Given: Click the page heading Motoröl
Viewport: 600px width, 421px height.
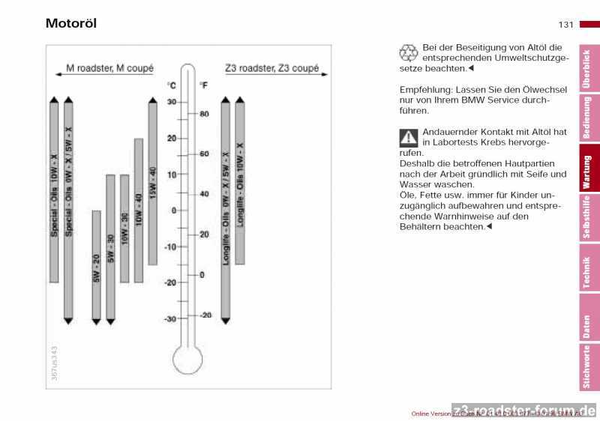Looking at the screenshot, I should [71, 23].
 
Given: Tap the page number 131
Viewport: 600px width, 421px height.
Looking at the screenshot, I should [566, 25].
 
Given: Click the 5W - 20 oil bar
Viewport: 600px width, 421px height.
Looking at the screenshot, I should [96, 265].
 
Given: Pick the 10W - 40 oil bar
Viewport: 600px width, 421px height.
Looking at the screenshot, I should [138, 210].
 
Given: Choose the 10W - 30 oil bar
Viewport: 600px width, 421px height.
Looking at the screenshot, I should [124, 228].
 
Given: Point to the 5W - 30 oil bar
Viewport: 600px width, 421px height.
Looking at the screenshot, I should [110, 247].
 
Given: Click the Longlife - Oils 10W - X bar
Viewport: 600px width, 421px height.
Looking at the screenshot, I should [240, 183].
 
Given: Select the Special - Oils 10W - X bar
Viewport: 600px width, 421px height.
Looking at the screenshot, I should [54, 191].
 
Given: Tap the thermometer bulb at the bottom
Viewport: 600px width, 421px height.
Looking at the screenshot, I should [187, 360].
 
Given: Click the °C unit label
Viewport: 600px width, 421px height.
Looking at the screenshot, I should [171, 85].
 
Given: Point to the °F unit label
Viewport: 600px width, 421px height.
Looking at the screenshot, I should [203, 85].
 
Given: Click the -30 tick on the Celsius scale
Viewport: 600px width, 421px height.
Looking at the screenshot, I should [172, 318].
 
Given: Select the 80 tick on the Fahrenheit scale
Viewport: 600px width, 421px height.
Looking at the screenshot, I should [204, 114].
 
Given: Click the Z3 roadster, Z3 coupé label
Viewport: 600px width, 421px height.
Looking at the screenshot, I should [271, 68].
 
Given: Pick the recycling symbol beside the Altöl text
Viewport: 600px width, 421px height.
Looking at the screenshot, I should [409, 52].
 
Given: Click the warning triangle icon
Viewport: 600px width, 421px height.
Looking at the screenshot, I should [409, 137].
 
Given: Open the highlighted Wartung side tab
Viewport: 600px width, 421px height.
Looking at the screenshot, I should [587, 171].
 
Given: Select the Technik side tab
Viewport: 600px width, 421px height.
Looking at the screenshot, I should [587, 272].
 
